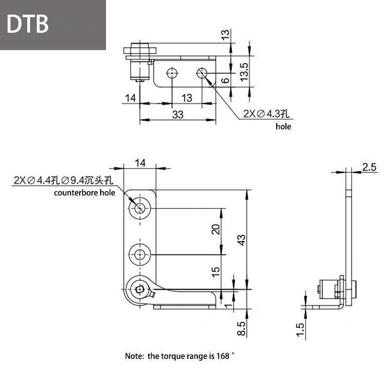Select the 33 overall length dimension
tap(178, 114)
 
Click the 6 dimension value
tap(224, 81)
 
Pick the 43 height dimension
tap(242, 239)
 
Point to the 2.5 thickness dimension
tap(369, 167)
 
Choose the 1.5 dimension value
tap(300, 329)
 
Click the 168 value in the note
tap(222, 356)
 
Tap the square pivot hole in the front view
tap(140, 290)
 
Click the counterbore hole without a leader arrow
tap(141, 254)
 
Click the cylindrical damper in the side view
tap(330, 289)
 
